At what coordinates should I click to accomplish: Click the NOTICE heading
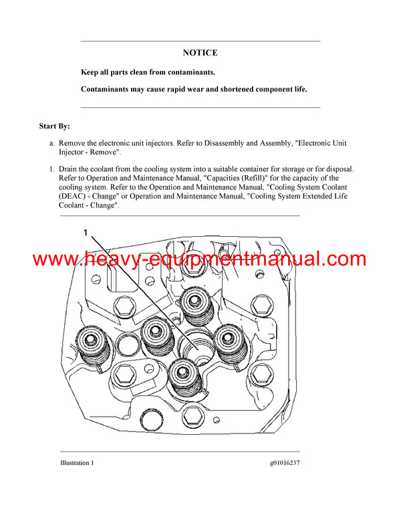[x=200, y=53]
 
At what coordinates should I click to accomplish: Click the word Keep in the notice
[x=92, y=72]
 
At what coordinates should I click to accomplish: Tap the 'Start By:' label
[x=54, y=126]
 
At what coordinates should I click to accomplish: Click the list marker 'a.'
[x=51, y=143]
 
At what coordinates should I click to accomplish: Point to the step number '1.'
[x=51, y=170]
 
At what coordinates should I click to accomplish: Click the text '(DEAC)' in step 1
[x=75, y=197]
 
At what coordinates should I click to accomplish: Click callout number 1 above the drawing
[x=86, y=233]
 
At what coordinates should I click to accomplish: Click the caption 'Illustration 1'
[x=75, y=463]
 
